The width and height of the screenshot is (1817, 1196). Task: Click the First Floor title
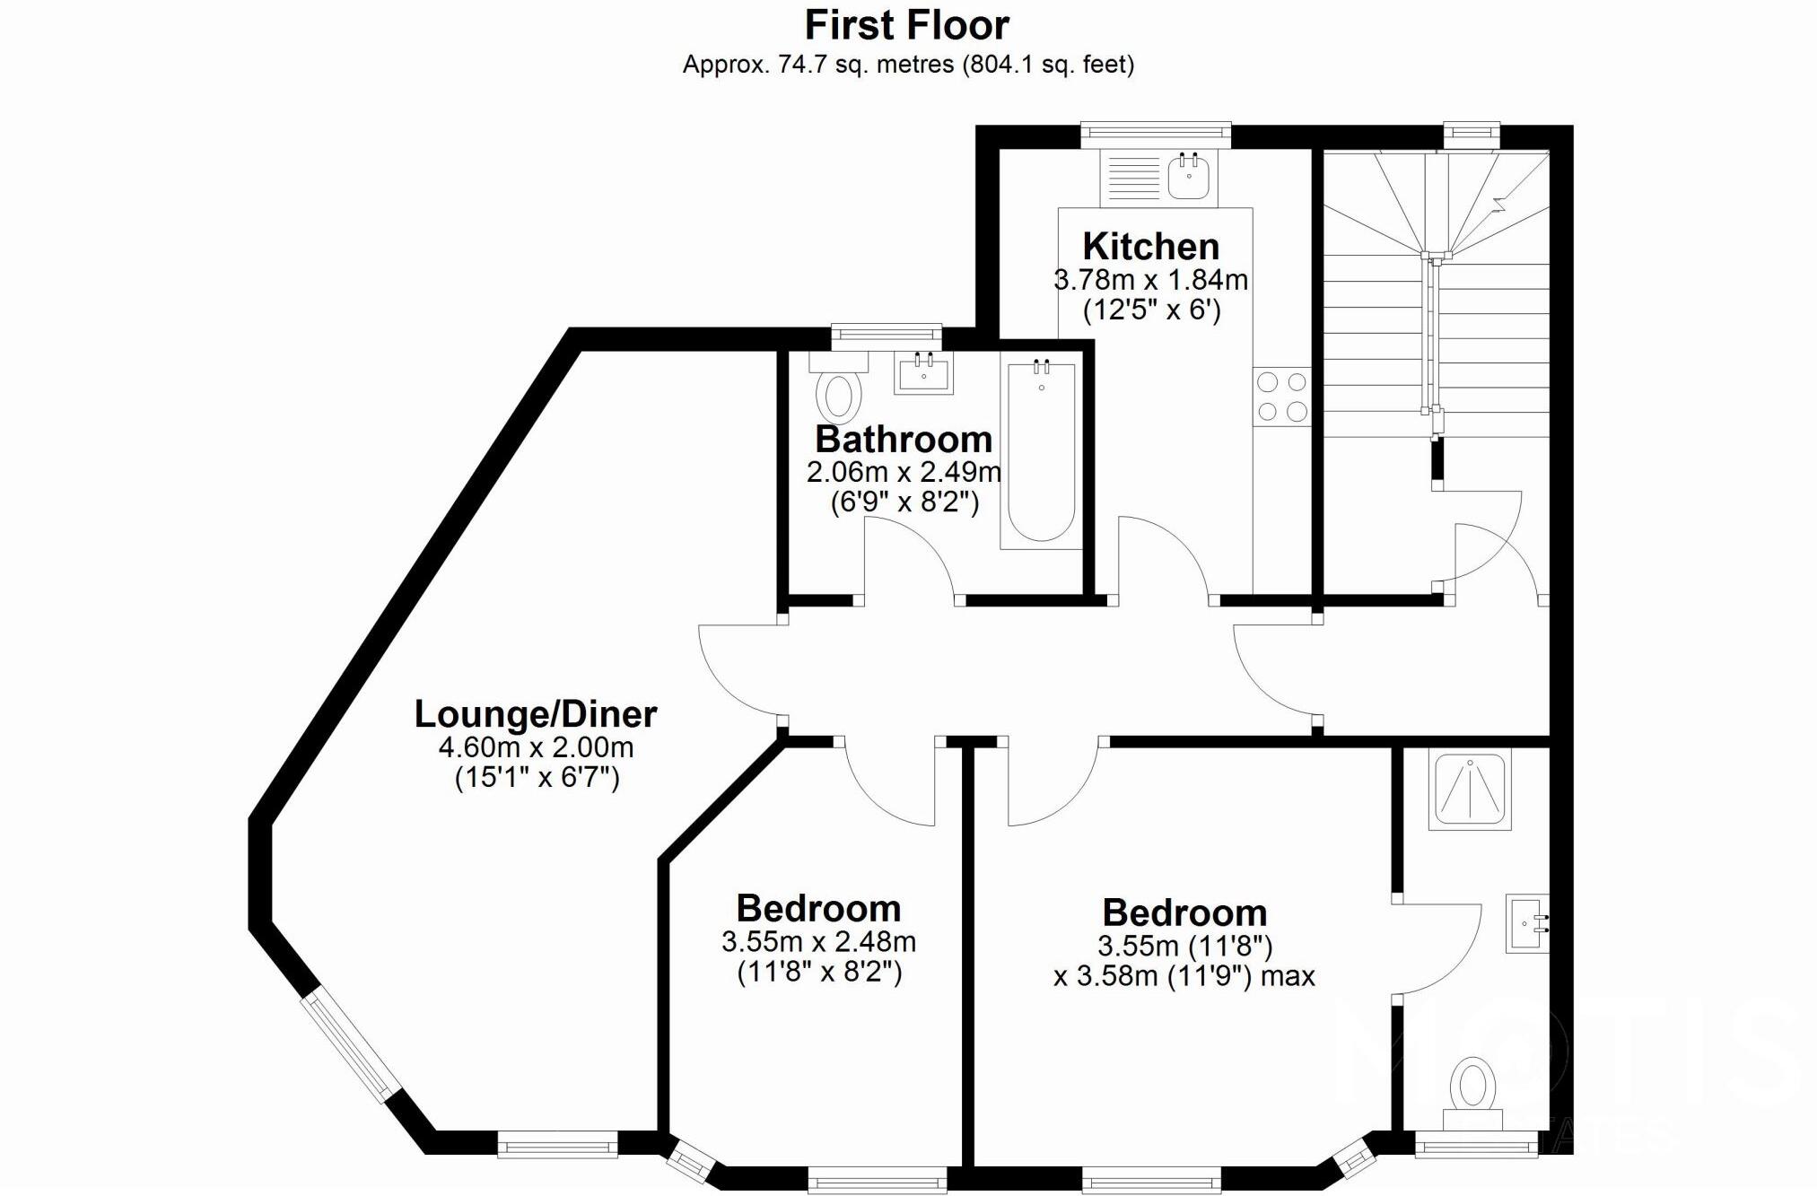click(x=907, y=25)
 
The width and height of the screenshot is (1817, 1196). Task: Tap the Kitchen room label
click(x=1150, y=246)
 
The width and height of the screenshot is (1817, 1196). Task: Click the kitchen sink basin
click(x=1189, y=176)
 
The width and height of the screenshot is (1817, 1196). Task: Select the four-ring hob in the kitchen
click(x=1281, y=397)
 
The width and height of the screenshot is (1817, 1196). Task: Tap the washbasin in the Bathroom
click(x=923, y=373)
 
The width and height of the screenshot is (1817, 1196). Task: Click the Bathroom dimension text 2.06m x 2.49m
click(x=904, y=471)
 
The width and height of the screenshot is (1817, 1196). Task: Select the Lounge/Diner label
click(x=536, y=714)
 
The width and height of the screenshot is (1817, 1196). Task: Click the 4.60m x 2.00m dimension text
click(x=536, y=746)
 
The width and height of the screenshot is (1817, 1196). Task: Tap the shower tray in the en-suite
click(x=1470, y=790)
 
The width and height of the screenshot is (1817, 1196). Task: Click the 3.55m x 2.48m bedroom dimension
click(x=818, y=941)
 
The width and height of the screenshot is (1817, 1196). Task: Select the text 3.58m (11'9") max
click(x=1184, y=976)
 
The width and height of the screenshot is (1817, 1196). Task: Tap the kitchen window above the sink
click(x=1155, y=135)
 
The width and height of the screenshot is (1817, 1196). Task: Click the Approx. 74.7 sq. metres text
click(x=908, y=65)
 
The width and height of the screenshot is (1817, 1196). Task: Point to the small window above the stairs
click(x=1472, y=135)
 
